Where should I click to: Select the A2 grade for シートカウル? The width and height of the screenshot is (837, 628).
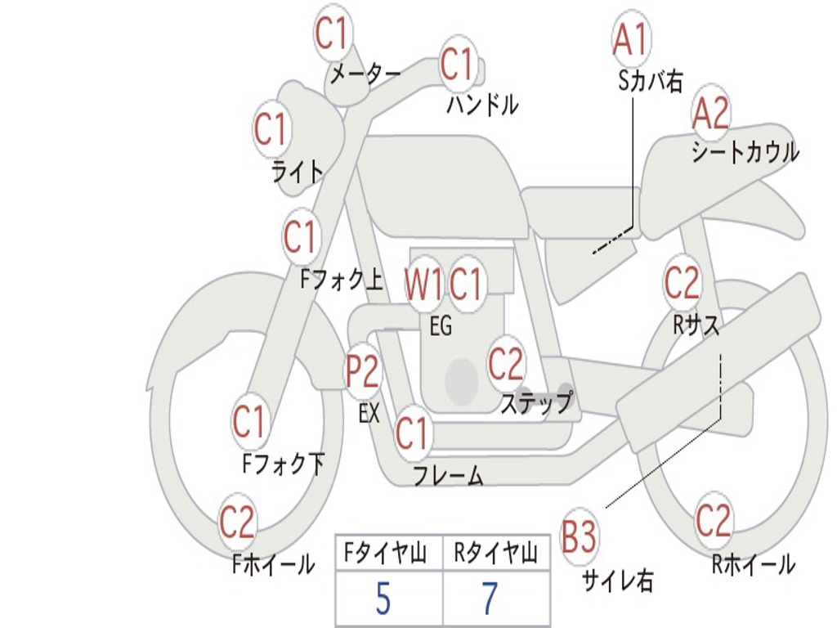[x=710, y=114]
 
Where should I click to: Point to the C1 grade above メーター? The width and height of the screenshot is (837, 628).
[x=333, y=34]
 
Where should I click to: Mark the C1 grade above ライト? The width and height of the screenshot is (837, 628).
[x=272, y=129]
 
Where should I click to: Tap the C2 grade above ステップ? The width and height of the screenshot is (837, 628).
[x=506, y=365]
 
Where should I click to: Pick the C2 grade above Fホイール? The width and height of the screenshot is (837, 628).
[x=238, y=523]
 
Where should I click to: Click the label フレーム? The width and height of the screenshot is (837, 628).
[x=448, y=475]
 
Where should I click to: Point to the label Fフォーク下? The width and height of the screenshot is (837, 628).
[x=283, y=464]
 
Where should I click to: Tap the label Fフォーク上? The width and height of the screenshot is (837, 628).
[x=341, y=280]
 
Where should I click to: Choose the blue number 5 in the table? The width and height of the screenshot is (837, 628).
[x=383, y=599]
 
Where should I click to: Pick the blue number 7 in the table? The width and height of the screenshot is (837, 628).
[x=489, y=599]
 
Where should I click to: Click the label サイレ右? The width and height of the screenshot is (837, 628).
[x=617, y=581]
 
